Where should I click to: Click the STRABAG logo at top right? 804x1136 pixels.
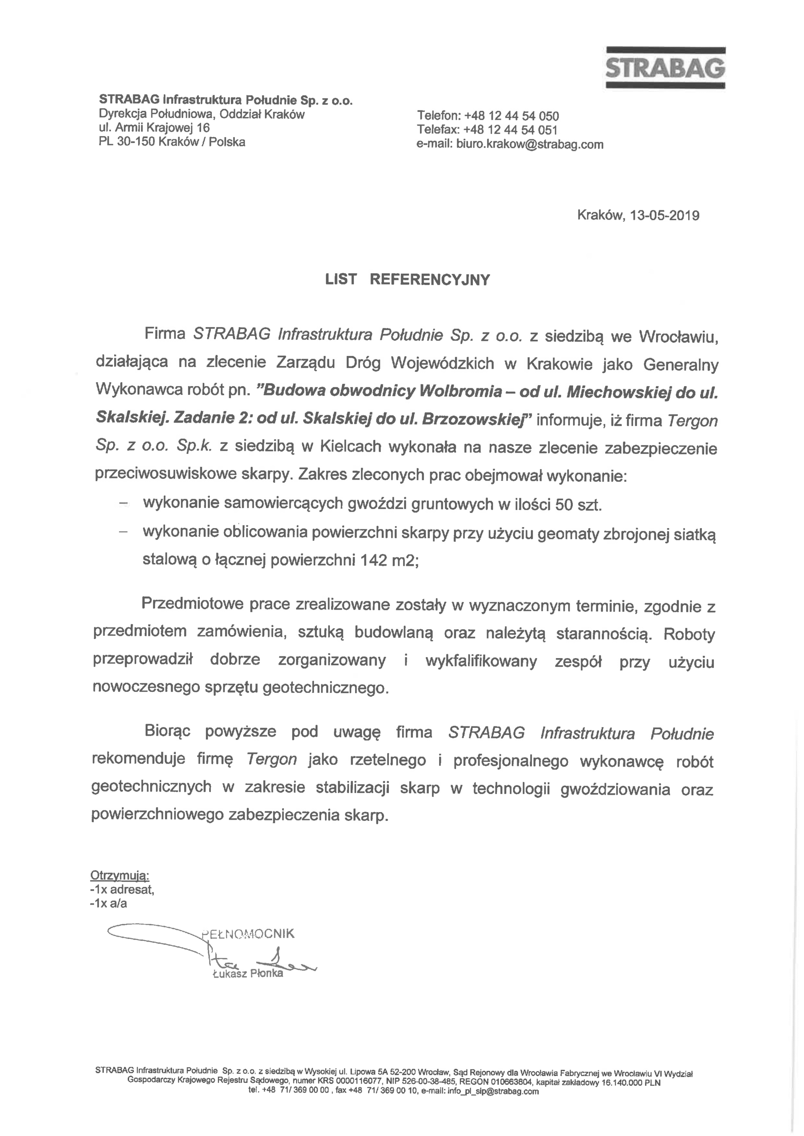point(665,68)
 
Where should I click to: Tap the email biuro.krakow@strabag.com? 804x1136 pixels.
point(530,145)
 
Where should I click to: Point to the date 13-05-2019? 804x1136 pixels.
point(665,216)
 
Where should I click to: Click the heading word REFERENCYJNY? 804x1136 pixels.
point(429,280)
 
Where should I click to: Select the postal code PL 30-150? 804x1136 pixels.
point(125,142)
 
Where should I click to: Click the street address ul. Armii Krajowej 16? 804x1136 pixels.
point(154,128)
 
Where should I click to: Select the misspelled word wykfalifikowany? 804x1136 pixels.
point(481,662)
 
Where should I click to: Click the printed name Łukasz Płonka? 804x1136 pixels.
point(248,974)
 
